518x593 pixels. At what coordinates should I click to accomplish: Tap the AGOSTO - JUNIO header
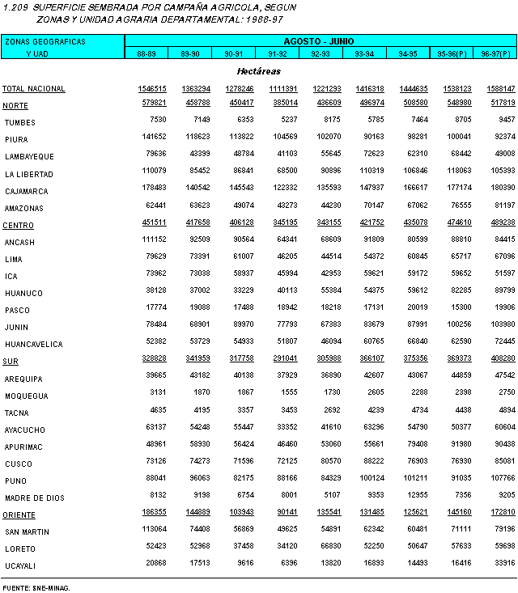coord(319,40)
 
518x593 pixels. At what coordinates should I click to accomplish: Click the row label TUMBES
coord(19,122)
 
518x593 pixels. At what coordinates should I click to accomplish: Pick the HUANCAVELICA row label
coord(33,344)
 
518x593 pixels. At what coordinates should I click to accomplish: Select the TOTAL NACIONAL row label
coord(33,88)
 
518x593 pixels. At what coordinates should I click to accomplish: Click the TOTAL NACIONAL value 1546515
coord(152,88)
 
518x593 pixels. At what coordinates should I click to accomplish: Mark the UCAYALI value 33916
coord(503,565)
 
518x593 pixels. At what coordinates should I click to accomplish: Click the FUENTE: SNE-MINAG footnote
coord(36,587)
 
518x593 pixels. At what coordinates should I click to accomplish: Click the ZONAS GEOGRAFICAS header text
coord(45,40)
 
